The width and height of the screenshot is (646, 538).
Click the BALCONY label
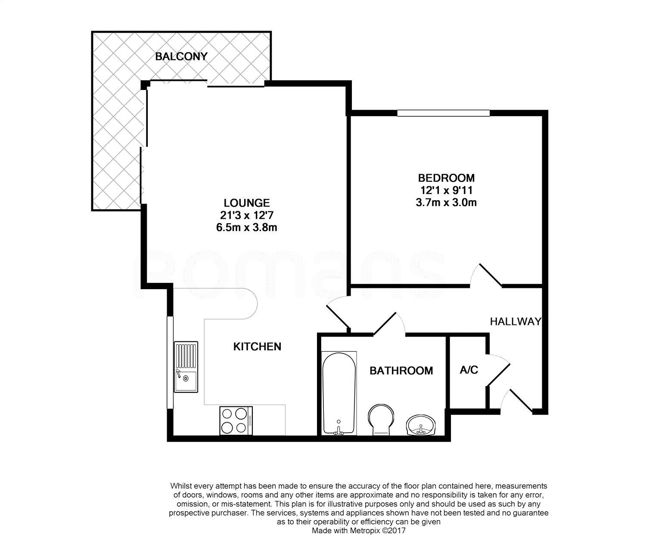pos(181,56)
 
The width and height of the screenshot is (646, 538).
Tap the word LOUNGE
pos(247,203)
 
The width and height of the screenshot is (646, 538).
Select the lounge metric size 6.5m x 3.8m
pos(247,228)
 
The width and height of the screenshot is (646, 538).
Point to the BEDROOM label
pos(446,178)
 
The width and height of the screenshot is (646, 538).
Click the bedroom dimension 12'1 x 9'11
pos(446,190)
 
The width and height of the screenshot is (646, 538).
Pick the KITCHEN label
pos(257,346)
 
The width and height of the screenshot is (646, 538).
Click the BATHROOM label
pos(401,371)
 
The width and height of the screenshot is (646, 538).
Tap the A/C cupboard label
pos(469,370)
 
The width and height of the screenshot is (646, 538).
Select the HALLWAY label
pos(516,322)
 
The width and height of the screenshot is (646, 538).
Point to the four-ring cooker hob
pos(236,421)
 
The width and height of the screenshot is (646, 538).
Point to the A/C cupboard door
pos(498,370)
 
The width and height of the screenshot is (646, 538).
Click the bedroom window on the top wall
pos(443,113)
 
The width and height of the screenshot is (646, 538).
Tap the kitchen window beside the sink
pos(170,363)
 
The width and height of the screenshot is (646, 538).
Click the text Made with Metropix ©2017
pos(359,531)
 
